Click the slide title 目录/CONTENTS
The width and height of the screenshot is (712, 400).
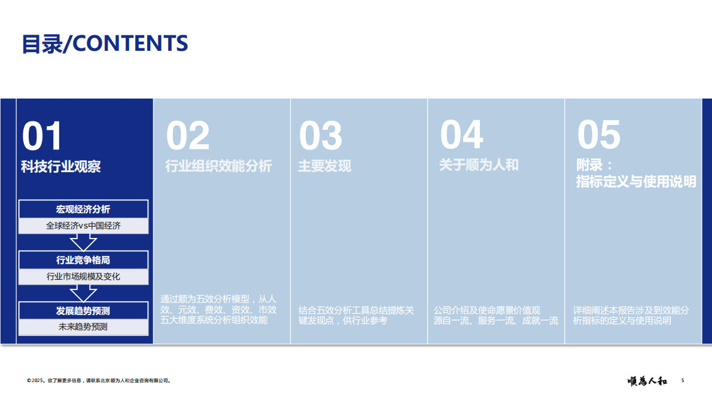point(105,44)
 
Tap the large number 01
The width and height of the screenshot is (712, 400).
point(42,136)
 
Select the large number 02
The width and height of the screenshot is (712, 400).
point(188,136)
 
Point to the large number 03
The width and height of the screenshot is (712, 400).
point(321,136)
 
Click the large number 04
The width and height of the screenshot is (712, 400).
point(461,135)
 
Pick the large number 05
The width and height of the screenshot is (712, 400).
point(599,135)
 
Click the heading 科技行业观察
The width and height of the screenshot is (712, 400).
point(61,167)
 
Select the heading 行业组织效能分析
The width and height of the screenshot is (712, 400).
point(218,166)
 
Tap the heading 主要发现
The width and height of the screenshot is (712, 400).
point(324,166)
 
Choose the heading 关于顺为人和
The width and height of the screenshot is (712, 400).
point(479,165)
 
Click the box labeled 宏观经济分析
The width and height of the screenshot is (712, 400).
point(83,209)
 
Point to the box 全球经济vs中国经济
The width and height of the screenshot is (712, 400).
point(83,226)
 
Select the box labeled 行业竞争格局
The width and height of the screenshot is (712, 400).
point(83,260)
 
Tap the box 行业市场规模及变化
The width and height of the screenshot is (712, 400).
point(83,277)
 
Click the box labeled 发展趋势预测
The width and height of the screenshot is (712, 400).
point(83,311)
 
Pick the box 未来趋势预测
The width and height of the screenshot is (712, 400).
point(83,327)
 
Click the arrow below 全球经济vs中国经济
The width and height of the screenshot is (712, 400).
point(83,242)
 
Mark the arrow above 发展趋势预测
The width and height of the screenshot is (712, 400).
point(83,293)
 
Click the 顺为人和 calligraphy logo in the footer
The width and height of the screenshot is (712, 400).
point(647,380)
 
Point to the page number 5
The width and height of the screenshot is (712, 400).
point(683,380)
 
